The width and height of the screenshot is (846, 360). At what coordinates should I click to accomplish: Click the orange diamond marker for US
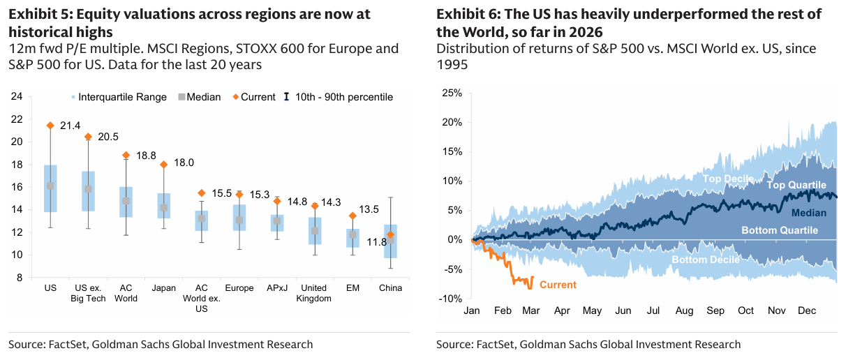coord(50,126)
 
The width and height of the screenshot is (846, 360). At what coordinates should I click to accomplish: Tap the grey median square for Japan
coord(164,207)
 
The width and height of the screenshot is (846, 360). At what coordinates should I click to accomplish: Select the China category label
coord(390,287)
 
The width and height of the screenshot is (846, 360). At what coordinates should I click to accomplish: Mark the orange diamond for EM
coord(352,216)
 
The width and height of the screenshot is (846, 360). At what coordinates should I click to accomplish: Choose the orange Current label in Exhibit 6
coord(558,285)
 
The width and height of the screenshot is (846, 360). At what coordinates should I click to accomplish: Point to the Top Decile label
coord(727,179)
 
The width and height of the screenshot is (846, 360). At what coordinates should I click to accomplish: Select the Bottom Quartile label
coord(779,230)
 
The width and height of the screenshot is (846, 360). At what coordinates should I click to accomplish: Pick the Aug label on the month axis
coord(684,310)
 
